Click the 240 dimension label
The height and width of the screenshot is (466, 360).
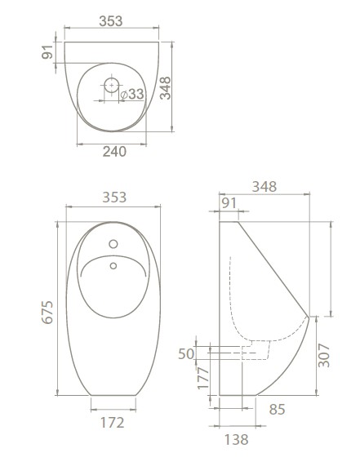(114, 152)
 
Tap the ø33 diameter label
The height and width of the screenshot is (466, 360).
(132, 94)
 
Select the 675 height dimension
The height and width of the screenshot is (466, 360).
(47, 312)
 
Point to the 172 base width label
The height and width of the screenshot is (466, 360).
(113, 422)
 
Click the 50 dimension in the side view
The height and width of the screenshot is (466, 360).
(186, 353)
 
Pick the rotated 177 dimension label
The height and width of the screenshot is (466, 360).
(203, 378)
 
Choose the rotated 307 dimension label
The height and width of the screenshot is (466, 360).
(324, 356)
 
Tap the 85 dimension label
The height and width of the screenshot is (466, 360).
(277, 409)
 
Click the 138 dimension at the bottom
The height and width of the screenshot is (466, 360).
(237, 440)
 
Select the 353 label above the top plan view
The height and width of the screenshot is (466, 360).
(111, 21)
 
